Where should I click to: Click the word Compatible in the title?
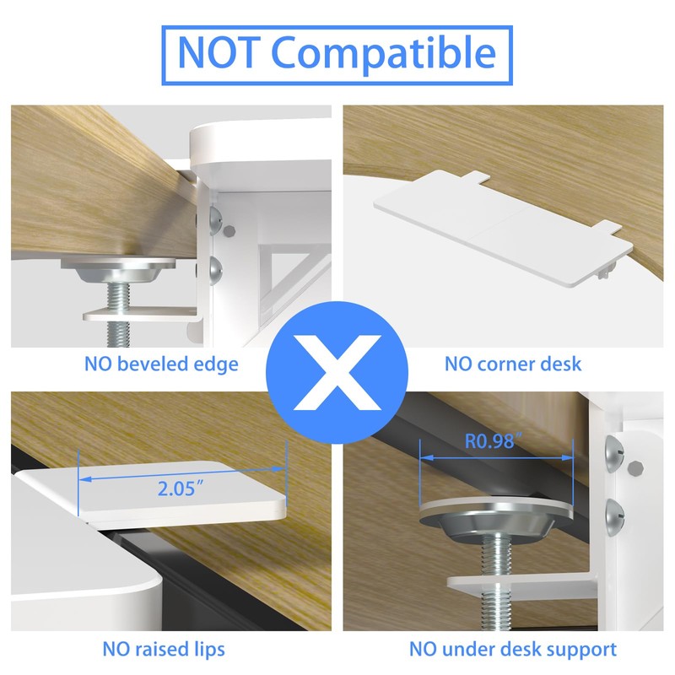tap(384, 54)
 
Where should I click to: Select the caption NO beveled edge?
tap(160, 364)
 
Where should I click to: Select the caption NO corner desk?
tap(513, 364)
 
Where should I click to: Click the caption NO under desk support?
tap(513, 649)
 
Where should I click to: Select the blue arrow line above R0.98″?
tap(496, 456)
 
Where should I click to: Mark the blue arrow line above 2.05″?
tap(182, 475)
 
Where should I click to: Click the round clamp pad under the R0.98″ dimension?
tap(496, 516)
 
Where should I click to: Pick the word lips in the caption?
tap(208, 649)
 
